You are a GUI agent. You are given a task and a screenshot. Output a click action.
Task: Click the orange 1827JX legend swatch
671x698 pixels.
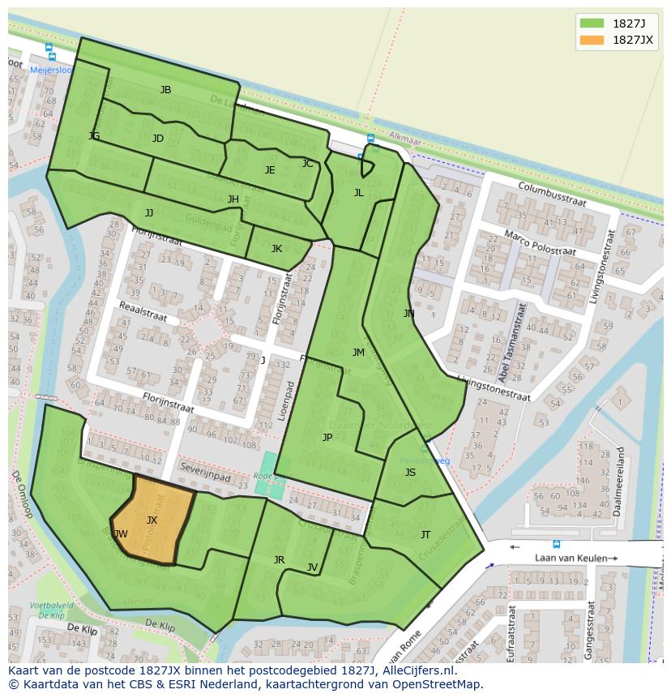pos(592,40)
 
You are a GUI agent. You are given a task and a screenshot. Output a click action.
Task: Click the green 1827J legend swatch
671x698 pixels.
pos(592,23)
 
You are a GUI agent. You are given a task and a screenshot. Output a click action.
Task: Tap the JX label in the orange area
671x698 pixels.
pos(152,520)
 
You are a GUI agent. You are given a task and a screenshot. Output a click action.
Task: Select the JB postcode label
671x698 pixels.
pos(165,90)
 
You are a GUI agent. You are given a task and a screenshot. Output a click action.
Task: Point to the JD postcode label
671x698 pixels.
pos(158,139)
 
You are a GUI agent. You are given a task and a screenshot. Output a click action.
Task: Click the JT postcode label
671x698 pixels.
pos(425,534)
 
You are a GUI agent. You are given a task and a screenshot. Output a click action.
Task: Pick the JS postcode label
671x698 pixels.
pos(410,473)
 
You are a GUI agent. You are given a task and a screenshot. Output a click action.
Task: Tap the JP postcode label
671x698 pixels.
pos(327,437)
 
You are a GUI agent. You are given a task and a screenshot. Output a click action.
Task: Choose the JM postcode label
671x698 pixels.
pos(358,352)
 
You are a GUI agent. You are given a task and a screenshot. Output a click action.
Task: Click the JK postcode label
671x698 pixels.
pos(276,249)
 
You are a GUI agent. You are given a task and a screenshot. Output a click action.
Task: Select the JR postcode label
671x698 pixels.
pos(279,560)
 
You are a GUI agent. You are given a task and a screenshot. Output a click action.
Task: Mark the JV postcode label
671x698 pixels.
pos(312,567)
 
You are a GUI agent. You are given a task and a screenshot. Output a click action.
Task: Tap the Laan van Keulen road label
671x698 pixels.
pos(575,558)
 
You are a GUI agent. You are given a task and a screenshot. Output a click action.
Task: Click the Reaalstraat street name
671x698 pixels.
pos(143,312)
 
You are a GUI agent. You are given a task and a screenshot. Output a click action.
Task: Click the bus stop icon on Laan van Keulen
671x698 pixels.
pos(556,544)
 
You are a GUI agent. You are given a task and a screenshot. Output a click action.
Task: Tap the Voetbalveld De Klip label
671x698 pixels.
pos(51,610)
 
